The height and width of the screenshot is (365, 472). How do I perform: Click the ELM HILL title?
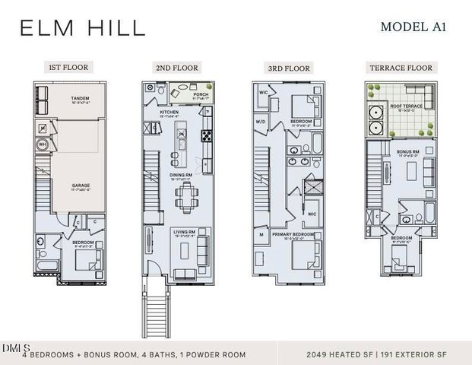click(82, 28)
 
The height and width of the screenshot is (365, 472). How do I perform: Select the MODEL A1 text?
click(413, 27)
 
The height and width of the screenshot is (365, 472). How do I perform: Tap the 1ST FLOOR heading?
click(68, 67)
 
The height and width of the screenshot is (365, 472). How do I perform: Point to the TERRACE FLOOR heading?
click(401, 68)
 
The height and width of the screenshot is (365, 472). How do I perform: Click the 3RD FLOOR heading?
click(289, 68)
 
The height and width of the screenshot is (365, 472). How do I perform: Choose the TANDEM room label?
click(80, 98)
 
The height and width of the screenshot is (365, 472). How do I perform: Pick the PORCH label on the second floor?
click(201, 95)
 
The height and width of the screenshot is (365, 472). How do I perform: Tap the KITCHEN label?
click(169, 112)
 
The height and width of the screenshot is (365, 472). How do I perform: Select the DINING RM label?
click(180, 176)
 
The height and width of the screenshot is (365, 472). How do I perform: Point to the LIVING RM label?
click(185, 233)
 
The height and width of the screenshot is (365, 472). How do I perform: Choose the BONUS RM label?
click(407, 152)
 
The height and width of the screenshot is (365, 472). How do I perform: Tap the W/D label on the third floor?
click(261, 121)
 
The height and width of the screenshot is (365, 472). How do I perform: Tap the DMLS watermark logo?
click(13, 348)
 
